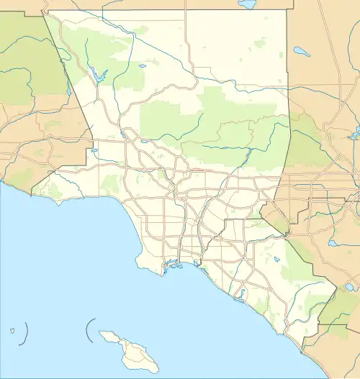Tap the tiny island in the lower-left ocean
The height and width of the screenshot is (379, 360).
pos(13,332)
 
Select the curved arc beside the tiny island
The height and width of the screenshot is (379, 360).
pos(26,332)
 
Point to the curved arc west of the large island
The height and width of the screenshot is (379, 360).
pos(89,330)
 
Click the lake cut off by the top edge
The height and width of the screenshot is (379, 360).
pos(248,4)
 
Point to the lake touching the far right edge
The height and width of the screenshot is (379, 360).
pos(355,134)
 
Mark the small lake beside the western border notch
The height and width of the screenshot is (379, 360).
pos(94,151)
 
